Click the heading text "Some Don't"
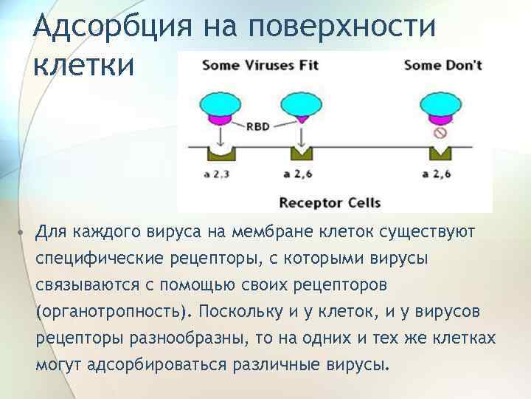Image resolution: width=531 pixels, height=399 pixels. point(442,64)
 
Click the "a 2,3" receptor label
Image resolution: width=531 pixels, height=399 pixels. point(217,174)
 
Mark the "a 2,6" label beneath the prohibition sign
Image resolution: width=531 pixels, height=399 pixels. point(438,174)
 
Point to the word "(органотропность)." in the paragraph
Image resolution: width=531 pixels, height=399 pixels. point(112,310)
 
